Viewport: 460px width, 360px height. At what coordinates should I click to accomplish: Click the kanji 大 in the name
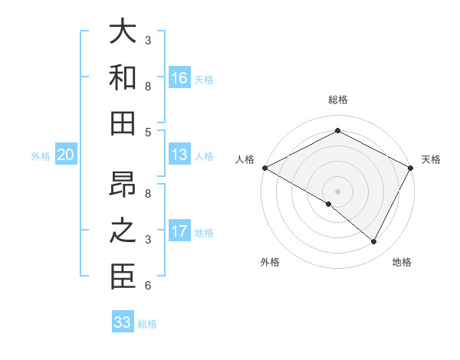[x=123, y=31]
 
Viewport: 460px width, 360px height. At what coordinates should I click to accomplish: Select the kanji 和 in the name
[x=123, y=78]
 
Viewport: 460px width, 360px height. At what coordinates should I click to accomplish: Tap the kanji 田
[x=123, y=123]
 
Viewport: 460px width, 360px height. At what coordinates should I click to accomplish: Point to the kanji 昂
[x=123, y=185]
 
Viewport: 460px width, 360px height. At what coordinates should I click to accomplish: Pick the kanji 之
[x=123, y=232]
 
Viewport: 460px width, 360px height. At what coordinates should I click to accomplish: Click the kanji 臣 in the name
[x=123, y=277]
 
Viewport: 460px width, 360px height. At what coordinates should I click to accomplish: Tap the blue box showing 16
[x=179, y=78]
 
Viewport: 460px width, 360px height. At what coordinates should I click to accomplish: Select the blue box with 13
[x=179, y=155]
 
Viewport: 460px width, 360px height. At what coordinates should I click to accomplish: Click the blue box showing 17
[x=179, y=232]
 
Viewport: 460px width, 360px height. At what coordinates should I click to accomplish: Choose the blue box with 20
[x=65, y=155]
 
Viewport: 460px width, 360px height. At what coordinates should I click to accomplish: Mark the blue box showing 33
[x=123, y=322]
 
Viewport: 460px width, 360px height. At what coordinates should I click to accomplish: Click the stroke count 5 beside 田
[x=148, y=132]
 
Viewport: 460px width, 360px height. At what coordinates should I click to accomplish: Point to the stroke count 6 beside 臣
[x=148, y=286]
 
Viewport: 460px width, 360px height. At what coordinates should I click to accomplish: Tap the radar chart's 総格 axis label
[x=337, y=100]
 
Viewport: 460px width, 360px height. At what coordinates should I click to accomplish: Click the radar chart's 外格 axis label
[x=269, y=262]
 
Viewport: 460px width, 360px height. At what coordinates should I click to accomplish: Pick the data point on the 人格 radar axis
[x=264, y=167]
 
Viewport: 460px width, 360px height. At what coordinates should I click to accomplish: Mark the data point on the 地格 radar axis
[x=374, y=241]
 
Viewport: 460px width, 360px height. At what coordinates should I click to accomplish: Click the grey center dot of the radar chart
[x=337, y=191]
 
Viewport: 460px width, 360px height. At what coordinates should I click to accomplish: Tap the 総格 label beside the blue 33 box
[x=148, y=323]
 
